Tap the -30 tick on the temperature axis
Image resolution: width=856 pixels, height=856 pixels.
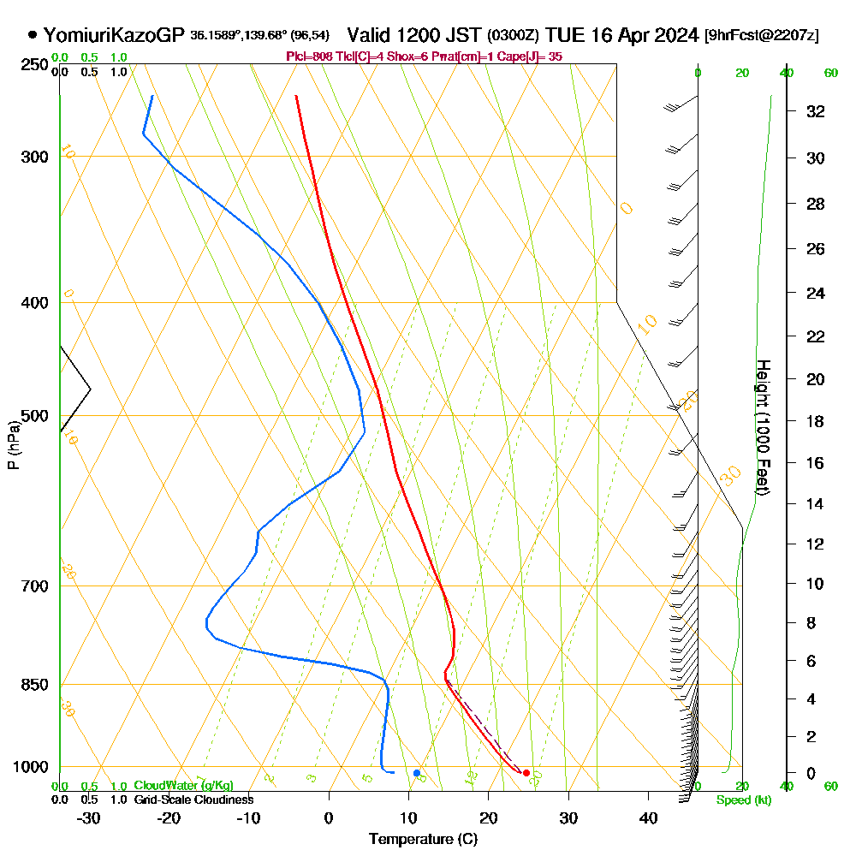(89, 817)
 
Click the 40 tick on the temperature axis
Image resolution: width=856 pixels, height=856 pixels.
(648, 817)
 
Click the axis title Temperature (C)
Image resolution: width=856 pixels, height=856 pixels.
(423, 840)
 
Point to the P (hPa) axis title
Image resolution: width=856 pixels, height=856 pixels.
(13, 445)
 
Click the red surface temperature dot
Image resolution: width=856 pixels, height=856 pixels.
(526, 774)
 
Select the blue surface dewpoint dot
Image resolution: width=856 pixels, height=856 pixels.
(417, 773)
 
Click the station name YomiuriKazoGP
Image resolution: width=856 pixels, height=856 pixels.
(113, 35)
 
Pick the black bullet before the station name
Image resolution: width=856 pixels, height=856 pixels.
(33, 35)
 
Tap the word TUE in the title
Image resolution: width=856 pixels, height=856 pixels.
(566, 35)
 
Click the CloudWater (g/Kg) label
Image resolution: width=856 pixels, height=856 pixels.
(183, 786)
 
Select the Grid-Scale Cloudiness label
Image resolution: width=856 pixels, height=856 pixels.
(193, 800)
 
